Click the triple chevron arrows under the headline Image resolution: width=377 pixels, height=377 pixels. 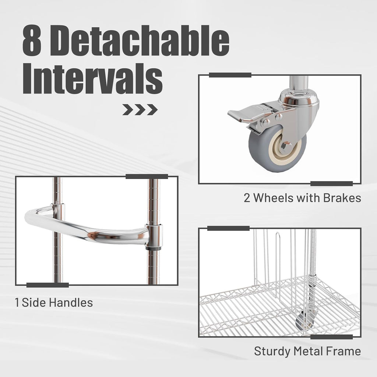(140, 109)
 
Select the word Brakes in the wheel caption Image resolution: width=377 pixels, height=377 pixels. (342, 198)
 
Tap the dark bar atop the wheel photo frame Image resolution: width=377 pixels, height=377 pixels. (230, 75)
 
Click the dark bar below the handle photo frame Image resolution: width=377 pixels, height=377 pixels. (47, 285)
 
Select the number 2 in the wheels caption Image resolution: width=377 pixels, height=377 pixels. (247, 198)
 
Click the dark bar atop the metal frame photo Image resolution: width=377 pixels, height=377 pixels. (228, 228)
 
